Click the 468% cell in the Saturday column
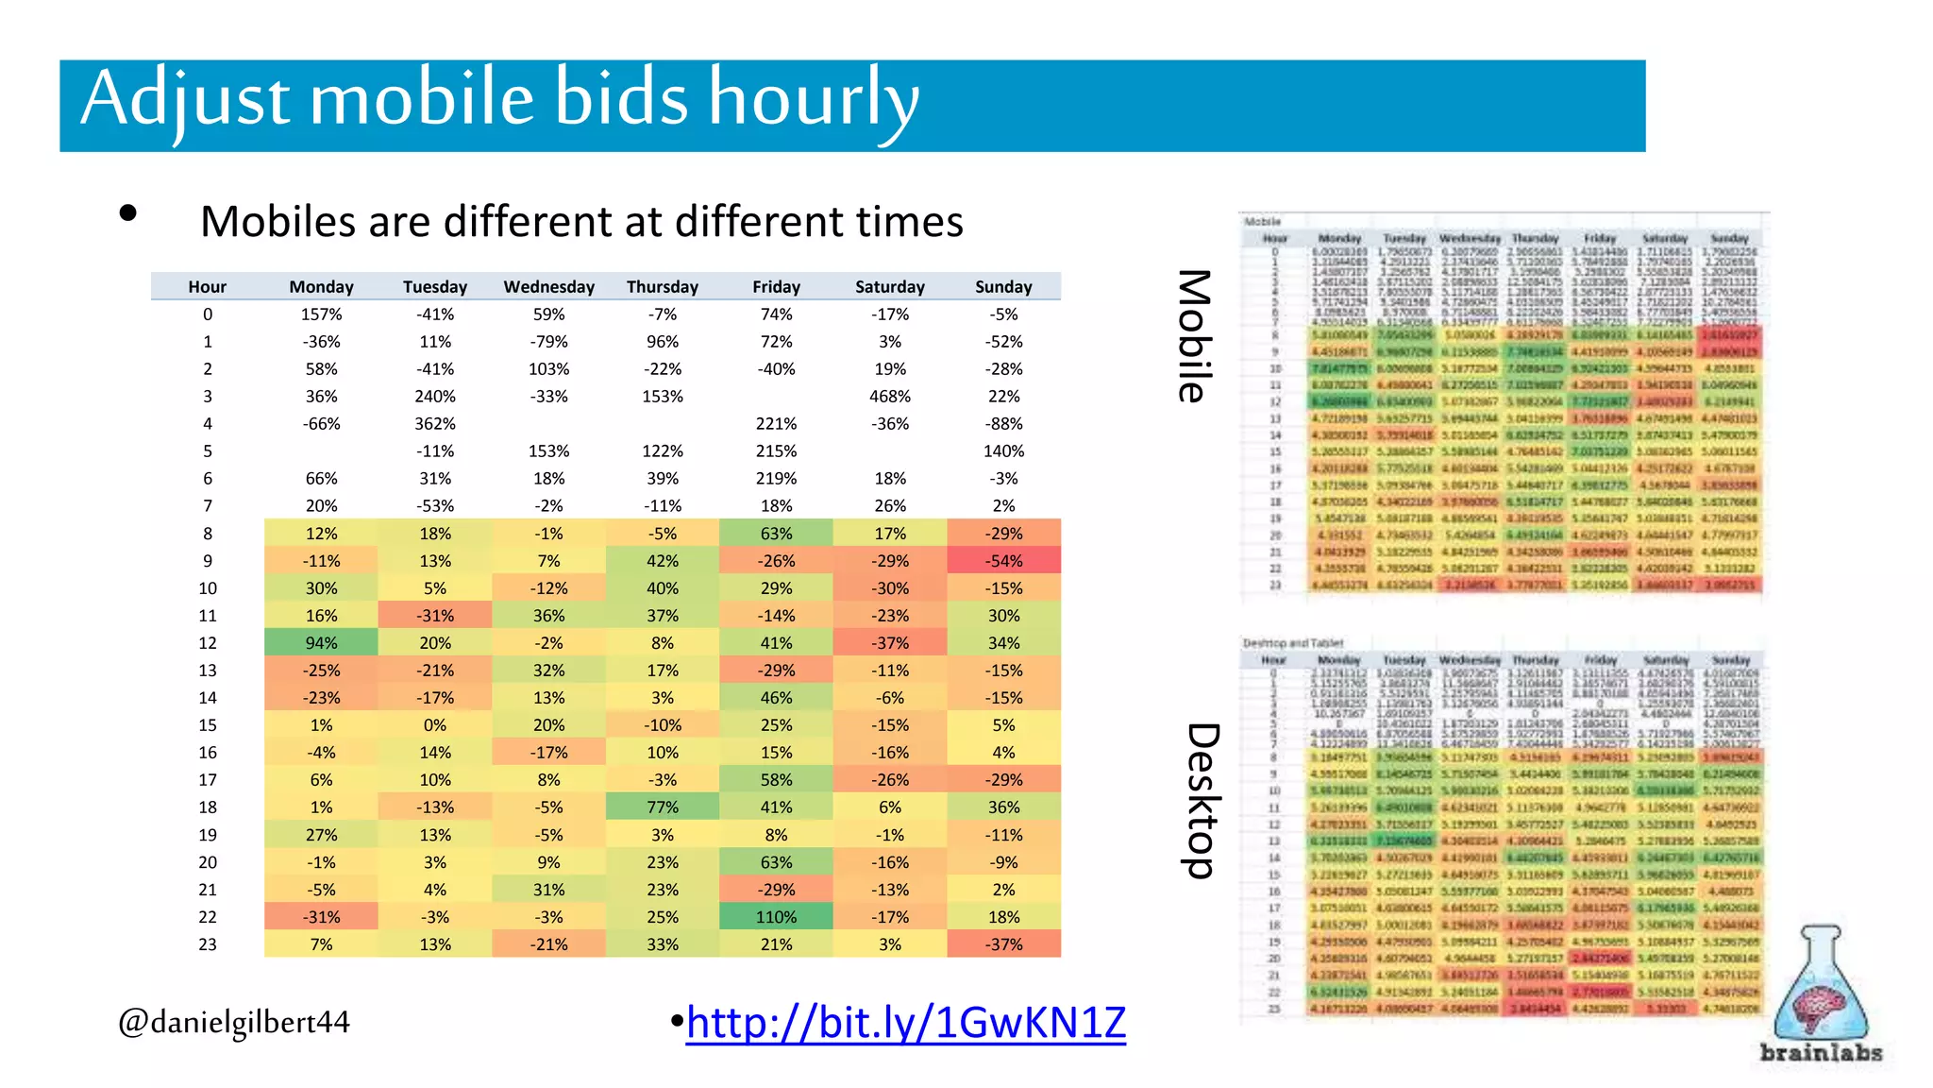coord(889,397)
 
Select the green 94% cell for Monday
coord(321,643)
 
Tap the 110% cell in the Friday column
coord(776,917)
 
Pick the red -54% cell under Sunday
coord(1003,561)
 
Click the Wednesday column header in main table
coord(548,287)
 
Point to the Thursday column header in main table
coord(662,287)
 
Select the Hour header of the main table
coord(207,287)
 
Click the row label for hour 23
coord(207,944)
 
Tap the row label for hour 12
coord(207,643)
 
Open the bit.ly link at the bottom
coord(905,1023)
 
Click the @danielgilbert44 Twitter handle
coord(233,1022)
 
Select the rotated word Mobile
coord(1194,336)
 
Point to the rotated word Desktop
coord(1202,801)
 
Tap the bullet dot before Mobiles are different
coord(128,213)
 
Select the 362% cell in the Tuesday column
coord(434,424)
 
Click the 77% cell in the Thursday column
coord(662,807)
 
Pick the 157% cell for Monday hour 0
coord(321,314)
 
